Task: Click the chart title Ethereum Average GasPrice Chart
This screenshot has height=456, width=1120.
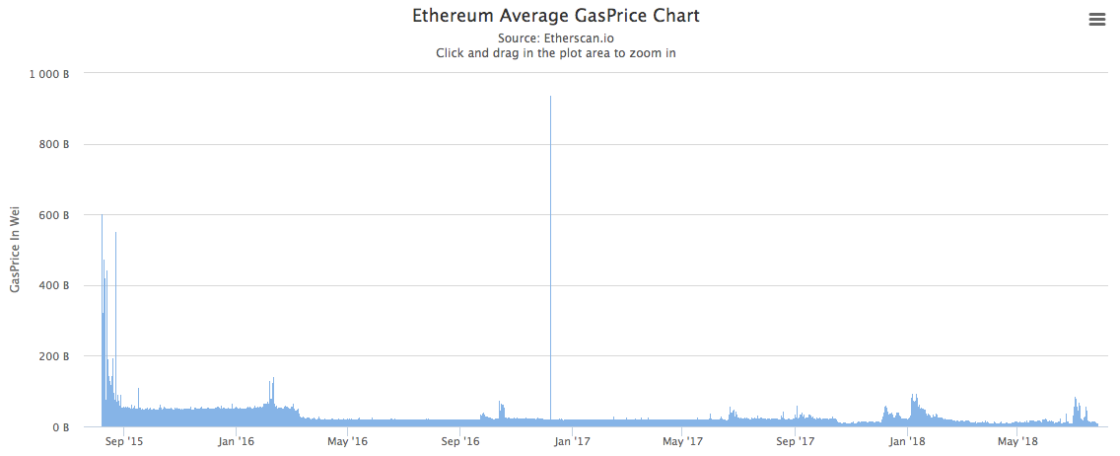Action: coord(555,17)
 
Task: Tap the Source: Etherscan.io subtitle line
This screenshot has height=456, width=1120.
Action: coord(555,38)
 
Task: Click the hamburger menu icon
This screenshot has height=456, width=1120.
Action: coord(1096,19)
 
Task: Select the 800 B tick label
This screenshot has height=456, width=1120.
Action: coord(54,145)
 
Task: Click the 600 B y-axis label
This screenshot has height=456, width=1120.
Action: coord(54,215)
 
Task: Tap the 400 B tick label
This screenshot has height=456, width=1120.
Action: coord(54,286)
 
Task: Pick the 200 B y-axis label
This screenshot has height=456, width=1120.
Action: coord(54,356)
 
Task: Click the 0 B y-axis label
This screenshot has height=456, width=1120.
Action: coord(60,427)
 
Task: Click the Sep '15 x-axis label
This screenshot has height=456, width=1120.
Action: coord(123,442)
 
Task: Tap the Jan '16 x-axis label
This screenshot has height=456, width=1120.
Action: coord(236,442)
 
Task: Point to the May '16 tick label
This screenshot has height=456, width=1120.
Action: coord(347,442)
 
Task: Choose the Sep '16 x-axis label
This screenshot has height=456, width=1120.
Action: coord(459,442)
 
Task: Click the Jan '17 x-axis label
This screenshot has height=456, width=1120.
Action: coord(572,442)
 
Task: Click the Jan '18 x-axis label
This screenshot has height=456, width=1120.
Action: coord(907,442)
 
